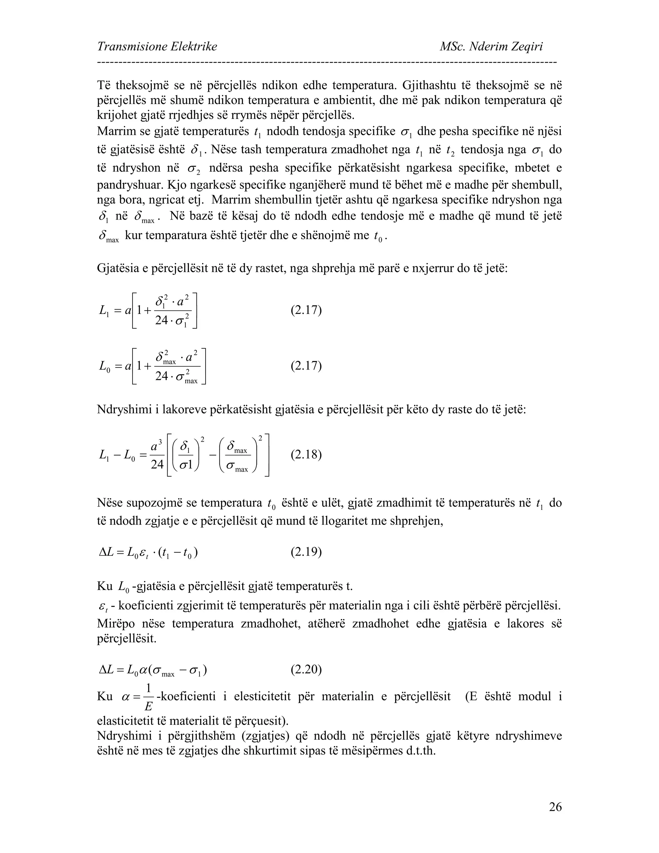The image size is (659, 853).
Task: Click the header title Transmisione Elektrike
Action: point(157,47)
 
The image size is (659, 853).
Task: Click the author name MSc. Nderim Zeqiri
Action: point(491,47)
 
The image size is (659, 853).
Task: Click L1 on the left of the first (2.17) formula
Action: point(104,311)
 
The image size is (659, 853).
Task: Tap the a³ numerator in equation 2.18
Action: point(157,445)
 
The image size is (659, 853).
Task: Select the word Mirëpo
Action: point(116,623)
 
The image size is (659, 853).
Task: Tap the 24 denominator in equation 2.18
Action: point(157,465)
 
